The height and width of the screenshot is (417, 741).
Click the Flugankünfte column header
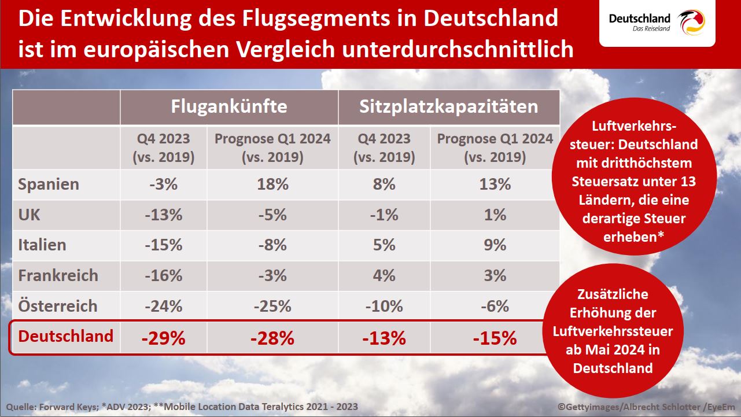[x=229, y=107]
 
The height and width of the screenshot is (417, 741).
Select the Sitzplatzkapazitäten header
[x=449, y=107]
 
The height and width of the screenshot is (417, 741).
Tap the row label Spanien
[x=49, y=184]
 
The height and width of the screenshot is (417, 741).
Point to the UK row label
[x=30, y=215]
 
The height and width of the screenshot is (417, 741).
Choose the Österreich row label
[x=58, y=305]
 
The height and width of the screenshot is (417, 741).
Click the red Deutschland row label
[x=66, y=336]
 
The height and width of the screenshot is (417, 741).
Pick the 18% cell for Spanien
[x=272, y=184]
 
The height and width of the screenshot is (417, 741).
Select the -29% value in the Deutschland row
[x=164, y=338]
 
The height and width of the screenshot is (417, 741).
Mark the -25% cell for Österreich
[x=272, y=305]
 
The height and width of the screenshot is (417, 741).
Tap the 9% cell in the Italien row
[x=495, y=245]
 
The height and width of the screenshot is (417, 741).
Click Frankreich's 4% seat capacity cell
[x=384, y=275]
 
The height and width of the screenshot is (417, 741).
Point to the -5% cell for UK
[x=272, y=215]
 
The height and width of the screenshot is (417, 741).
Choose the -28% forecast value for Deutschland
[x=272, y=338]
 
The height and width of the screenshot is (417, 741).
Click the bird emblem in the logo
[x=692, y=23]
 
